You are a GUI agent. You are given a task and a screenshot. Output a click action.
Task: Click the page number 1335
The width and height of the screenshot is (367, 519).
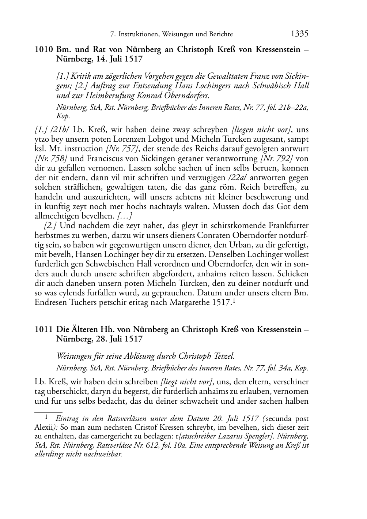coord(300,34)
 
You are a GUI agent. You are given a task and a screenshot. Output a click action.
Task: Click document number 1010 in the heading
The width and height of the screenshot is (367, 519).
coord(42,49)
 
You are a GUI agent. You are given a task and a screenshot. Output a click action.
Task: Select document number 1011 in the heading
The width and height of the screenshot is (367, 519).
coord(42,329)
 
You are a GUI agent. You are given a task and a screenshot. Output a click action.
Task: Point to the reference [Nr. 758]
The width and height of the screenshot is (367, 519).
coord(51,158)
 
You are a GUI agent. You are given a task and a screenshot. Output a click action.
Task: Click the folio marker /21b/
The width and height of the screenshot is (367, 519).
coord(61,130)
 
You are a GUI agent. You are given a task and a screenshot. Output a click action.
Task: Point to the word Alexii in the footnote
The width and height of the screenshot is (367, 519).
coord(43,427)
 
